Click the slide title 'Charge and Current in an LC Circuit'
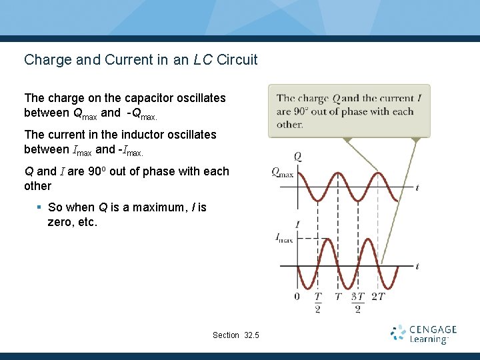[141, 59]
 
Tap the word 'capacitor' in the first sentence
[151, 98]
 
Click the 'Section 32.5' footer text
[236, 335]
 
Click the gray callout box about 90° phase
[349, 111]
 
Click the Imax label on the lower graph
[284, 238]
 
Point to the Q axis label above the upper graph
[297, 157]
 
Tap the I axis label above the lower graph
[297, 225]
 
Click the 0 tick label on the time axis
[297, 296]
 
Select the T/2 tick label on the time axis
[318, 302]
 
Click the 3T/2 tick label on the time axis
[357, 302]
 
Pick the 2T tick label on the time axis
[377, 296]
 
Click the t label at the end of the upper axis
[417, 188]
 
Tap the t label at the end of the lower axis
[417, 266]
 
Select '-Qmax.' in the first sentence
[142, 113]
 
